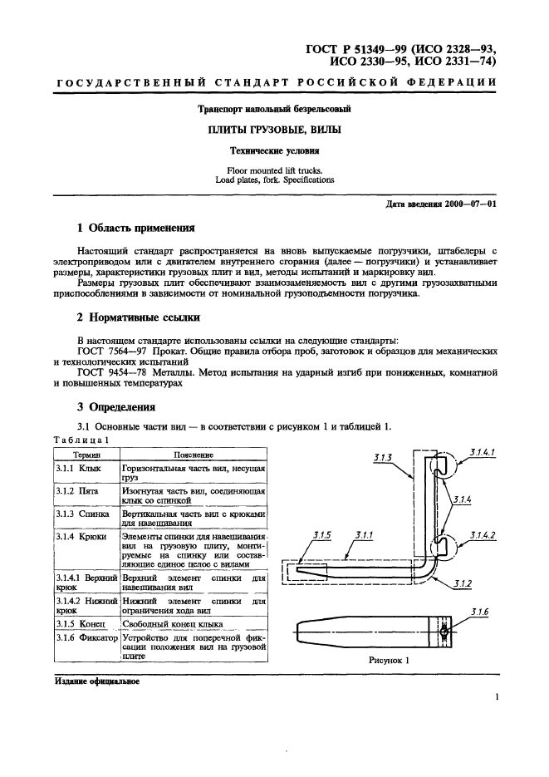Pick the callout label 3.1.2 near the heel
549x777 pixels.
click(463, 585)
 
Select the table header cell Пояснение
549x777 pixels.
click(193, 455)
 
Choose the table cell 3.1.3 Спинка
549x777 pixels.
click(82, 516)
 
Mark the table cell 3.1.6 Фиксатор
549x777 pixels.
click(86, 637)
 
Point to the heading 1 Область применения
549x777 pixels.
click(135, 227)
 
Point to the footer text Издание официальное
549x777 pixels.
click(97, 681)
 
